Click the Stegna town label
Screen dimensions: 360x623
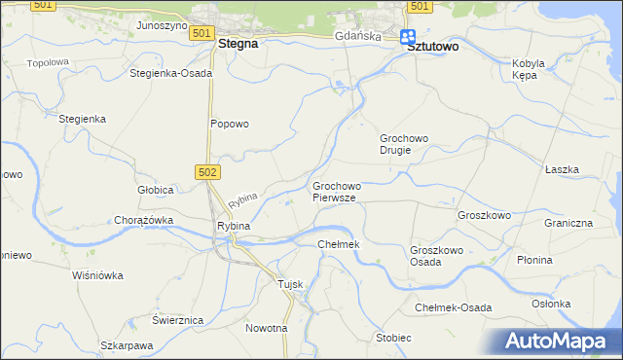click(238, 44)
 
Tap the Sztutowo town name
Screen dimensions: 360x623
click(434, 46)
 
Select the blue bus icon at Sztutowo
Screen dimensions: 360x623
click(409, 37)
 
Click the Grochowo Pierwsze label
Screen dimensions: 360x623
click(336, 191)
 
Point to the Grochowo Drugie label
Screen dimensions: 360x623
click(410, 144)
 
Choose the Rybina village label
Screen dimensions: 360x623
click(234, 226)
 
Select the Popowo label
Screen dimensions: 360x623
click(231, 124)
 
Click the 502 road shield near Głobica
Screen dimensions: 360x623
click(212, 171)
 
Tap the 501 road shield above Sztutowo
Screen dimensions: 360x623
click(419, 6)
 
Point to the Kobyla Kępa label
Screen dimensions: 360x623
click(531, 69)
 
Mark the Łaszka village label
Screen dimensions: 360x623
click(563, 169)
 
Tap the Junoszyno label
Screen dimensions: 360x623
click(162, 25)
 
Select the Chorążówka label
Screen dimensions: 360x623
click(143, 220)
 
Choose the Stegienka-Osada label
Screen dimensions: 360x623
click(171, 73)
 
